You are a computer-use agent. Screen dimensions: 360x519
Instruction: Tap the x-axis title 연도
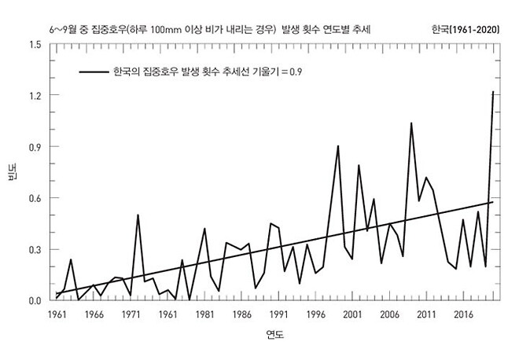coord(274,336)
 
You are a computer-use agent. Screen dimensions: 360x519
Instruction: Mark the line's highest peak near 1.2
coord(493,92)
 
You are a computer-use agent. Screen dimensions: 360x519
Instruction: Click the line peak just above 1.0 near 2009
coord(411,123)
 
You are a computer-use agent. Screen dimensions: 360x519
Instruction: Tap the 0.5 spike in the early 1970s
coord(138,215)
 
